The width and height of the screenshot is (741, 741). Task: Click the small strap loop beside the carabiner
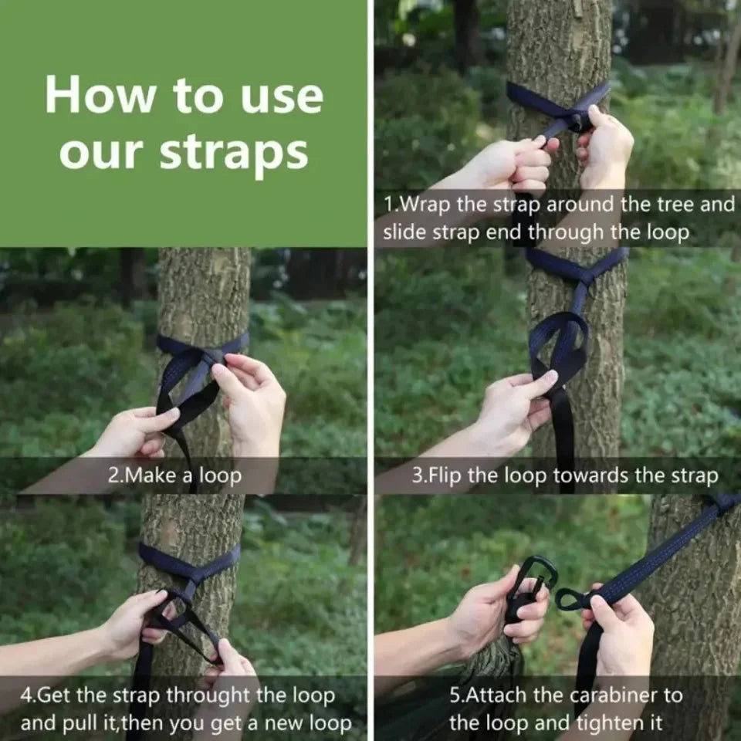570,598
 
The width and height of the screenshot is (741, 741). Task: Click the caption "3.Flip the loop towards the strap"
564,475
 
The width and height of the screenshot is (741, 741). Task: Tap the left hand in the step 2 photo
135,432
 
